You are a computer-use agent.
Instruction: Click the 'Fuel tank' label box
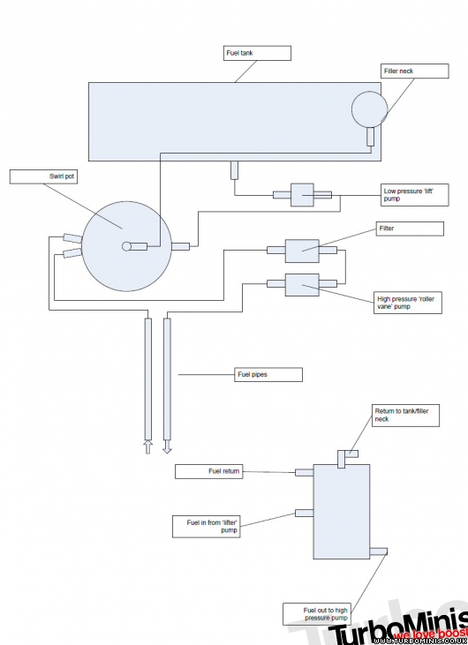click(x=257, y=53)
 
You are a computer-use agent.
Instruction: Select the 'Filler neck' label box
click(x=414, y=71)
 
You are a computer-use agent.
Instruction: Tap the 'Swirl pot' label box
click(x=43, y=176)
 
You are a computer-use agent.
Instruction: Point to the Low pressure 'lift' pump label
click(x=414, y=195)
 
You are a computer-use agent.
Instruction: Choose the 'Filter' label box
click(x=410, y=229)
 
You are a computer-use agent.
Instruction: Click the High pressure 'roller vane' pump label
click(x=408, y=303)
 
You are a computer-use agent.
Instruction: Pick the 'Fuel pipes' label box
click(x=268, y=374)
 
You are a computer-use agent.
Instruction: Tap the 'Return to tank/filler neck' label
click(x=406, y=416)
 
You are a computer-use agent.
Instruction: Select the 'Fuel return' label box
click(x=209, y=471)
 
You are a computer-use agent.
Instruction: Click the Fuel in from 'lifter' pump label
click(x=207, y=527)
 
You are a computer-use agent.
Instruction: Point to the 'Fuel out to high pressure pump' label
click(x=317, y=614)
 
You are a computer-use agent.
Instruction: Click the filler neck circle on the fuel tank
click(x=370, y=109)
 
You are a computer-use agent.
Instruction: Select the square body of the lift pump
click(x=302, y=195)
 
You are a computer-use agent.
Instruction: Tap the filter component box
click(x=302, y=251)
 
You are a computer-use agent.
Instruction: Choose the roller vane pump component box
click(x=302, y=285)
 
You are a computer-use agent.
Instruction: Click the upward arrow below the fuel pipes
click(x=147, y=446)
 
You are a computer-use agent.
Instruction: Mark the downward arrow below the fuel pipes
click(x=167, y=446)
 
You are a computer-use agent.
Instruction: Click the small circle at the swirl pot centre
click(x=126, y=246)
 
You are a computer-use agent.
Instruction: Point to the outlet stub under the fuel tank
click(x=234, y=170)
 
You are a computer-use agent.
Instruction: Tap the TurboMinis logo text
click(x=399, y=628)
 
